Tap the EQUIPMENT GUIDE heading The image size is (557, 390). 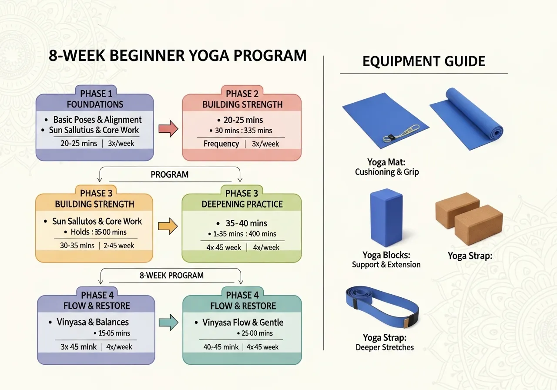(423, 61)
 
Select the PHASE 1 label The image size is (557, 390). (95, 94)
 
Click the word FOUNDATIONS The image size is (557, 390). (95, 104)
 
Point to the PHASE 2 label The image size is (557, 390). (242, 94)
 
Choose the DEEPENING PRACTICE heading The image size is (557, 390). (242, 204)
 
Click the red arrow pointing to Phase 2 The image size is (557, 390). (168, 129)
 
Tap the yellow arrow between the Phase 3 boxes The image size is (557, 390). (168, 226)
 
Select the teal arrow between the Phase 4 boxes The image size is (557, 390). (168, 323)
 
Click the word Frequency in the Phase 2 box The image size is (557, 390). (221, 144)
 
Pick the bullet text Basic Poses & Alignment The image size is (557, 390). (97, 120)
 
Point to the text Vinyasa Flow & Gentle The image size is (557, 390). (242, 323)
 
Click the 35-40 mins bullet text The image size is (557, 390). (246, 223)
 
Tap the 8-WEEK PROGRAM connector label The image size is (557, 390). (171, 275)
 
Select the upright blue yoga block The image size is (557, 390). (386, 218)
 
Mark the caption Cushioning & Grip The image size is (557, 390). (386, 172)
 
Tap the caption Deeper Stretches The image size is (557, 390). (385, 347)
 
